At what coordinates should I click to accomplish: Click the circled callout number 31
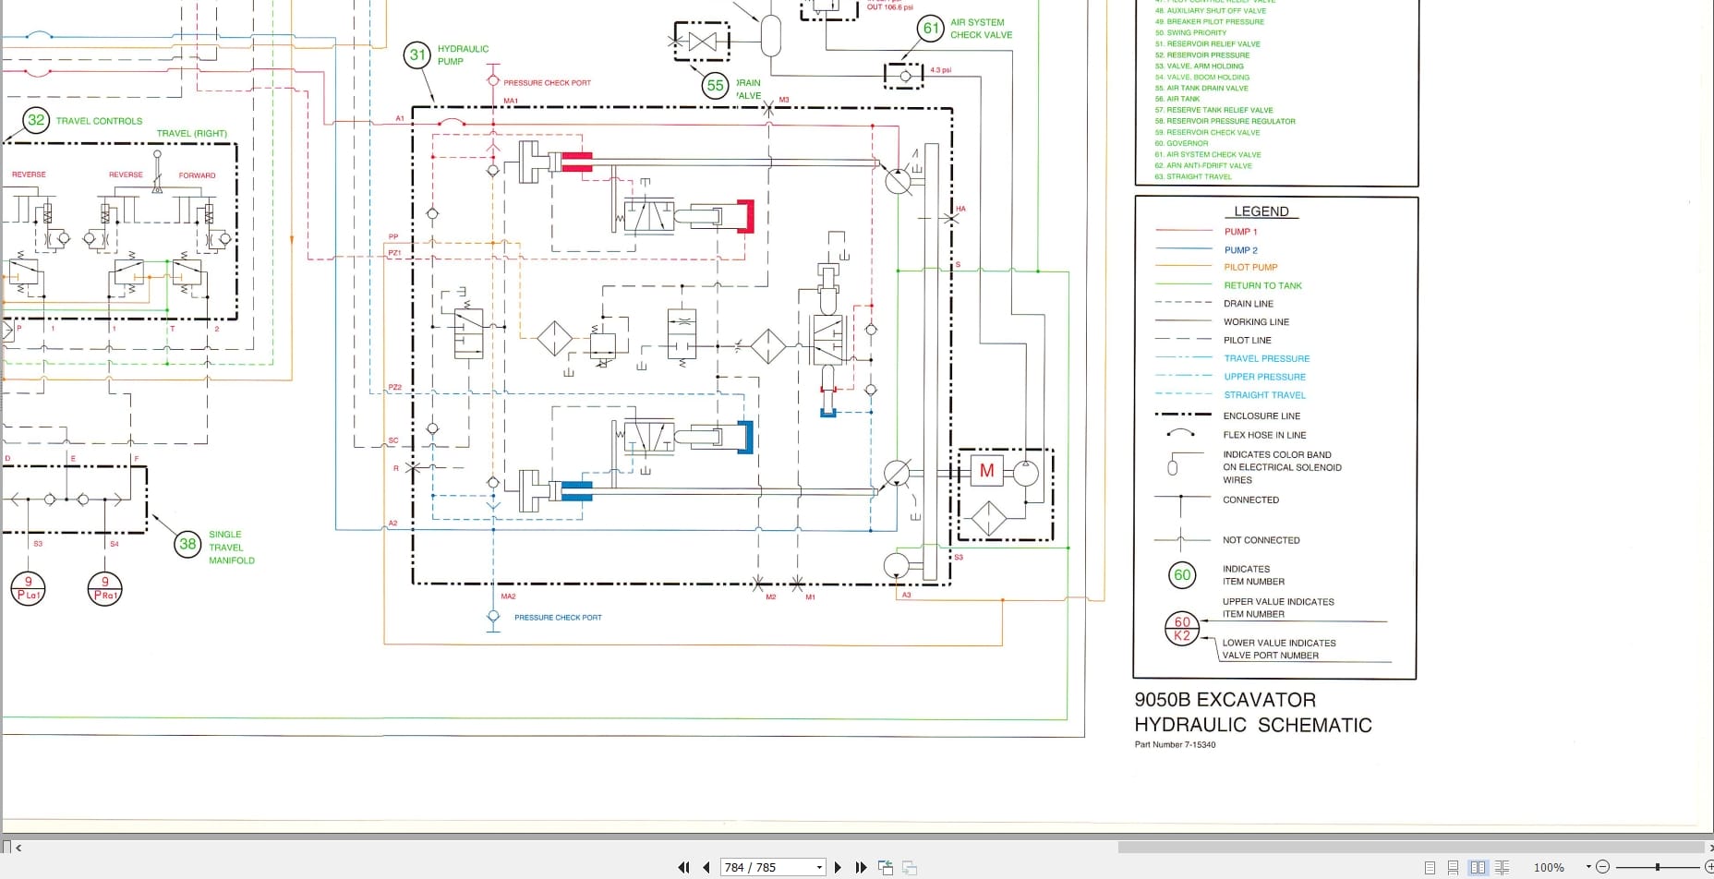417,55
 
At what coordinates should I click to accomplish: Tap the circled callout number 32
36,120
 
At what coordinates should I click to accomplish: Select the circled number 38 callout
187,545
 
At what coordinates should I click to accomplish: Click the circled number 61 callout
931,29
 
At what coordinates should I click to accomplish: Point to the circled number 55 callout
715,86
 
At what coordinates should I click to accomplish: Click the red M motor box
986,471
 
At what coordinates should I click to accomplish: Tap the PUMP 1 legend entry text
1240,232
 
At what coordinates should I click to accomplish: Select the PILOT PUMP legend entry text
1250,268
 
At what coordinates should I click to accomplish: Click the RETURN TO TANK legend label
1262,286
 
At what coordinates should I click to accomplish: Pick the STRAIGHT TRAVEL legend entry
1264,395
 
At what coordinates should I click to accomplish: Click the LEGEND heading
1261,211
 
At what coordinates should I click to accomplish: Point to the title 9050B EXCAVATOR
1225,700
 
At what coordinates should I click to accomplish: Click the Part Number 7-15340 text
1175,745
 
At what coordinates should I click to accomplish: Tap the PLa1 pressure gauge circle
28,588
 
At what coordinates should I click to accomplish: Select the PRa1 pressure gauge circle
104,588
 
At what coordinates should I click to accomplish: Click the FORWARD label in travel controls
197,175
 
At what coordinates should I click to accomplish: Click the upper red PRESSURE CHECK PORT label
547,83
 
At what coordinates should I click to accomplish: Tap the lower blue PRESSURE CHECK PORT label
558,618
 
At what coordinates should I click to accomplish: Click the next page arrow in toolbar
838,867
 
